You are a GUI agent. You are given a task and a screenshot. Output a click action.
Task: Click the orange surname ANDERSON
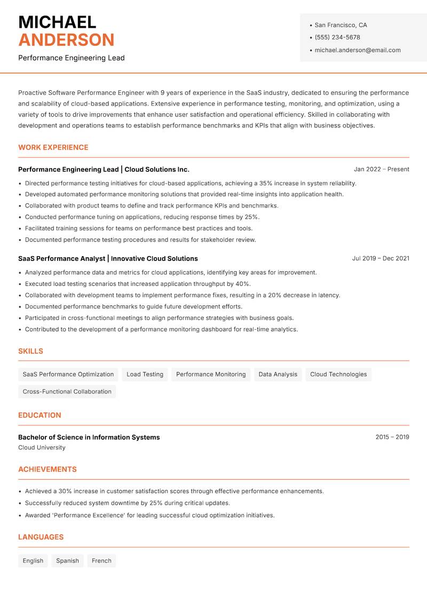[x=66, y=40]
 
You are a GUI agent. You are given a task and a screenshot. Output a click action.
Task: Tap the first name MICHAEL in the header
[x=57, y=22]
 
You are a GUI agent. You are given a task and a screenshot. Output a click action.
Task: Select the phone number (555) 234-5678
[x=337, y=37]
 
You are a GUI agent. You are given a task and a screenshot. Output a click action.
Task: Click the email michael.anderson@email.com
[x=358, y=50]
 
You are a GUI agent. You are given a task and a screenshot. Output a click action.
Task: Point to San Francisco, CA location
[x=341, y=25]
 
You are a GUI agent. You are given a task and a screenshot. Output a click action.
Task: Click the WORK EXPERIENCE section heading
[x=53, y=147]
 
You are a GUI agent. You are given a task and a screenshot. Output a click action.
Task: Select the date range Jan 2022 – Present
[x=381, y=169]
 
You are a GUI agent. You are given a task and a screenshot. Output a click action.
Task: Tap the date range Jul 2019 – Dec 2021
[x=381, y=258]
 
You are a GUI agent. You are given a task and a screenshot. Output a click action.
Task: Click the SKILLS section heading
[x=30, y=351]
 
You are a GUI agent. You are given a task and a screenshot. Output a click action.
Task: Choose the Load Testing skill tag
[x=145, y=375]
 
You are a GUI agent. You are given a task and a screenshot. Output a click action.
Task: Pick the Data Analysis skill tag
[x=278, y=375]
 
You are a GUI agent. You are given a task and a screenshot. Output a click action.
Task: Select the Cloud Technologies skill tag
[x=338, y=375]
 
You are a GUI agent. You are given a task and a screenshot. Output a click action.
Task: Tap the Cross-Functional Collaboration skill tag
[x=67, y=392]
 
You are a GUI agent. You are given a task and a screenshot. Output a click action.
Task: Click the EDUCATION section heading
[x=39, y=415]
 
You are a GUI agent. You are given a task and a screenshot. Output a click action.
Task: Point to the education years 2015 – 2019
[x=392, y=437]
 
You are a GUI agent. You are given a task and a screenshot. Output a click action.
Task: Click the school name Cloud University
[x=42, y=448]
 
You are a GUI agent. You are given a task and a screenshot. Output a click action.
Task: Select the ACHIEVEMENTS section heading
[x=48, y=470]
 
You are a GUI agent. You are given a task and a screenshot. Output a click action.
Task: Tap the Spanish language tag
[x=67, y=561]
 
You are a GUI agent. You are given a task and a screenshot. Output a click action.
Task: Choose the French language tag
[x=101, y=561]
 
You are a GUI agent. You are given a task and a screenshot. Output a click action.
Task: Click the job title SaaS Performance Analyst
[x=62, y=258]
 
